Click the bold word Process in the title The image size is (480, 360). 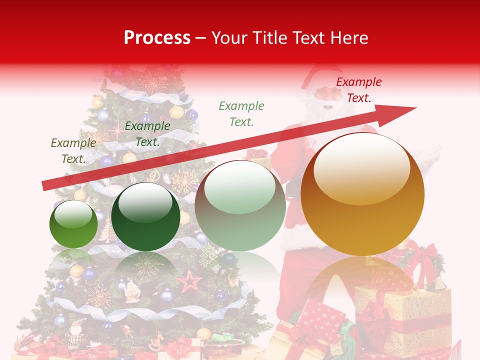pyautogui.click(x=157, y=38)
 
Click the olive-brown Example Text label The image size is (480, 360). pyautogui.click(x=73, y=151)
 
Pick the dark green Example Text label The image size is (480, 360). pyautogui.click(x=147, y=134)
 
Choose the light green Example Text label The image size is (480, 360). pyautogui.click(x=241, y=113)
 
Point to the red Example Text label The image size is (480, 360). pyautogui.click(x=359, y=90)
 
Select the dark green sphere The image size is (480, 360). pyautogui.click(x=145, y=217)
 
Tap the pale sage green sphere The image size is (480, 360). pyautogui.click(x=240, y=206)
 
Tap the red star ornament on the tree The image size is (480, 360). pyautogui.click(x=190, y=281)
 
